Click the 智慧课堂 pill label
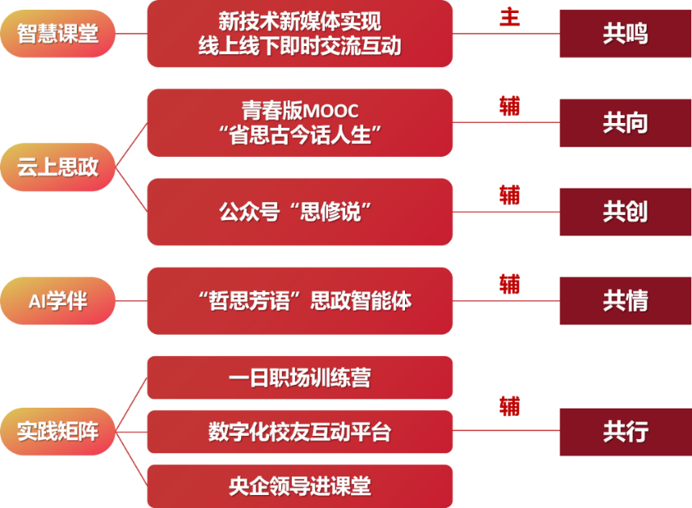pyautogui.click(x=58, y=34)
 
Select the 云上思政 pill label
pyautogui.click(x=58, y=167)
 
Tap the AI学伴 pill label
pyautogui.click(x=58, y=301)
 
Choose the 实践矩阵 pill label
pyautogui.click(x=58, y=431)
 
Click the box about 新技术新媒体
pyautogui.click(x=299, y=34)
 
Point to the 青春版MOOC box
pyautogui.click(x=299, y=122)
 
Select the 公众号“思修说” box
pyautogui.click(x=299, y=212)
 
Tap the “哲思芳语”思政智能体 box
pyautogui.click(x=299, y=301)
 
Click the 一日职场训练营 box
pyautogui.click(x=299, y=378)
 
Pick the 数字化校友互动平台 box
pyautogui.click(x=299, y=431)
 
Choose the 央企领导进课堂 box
pyautogui.click(x=299, y=485)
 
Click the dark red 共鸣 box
pyautogui.click(x=625, y=34)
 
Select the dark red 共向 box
pyautogui.click(x=625, y=123)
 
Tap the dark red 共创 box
pyautogui.click(x=625, y=212)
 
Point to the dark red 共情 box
pyautogui.click(x=625, y=301)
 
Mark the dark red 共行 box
pyautogui.click(x=625, y=431)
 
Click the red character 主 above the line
pyautogui.click(x=509, y=17)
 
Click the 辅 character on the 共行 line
pyautogui.click(x=509, y=406)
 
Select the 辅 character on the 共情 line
pyautogui.click(x=509, y=284)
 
